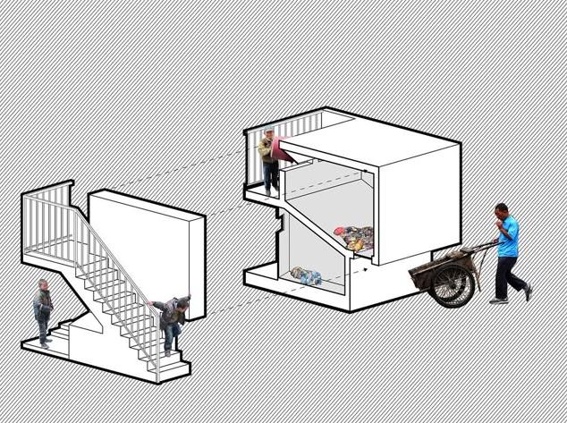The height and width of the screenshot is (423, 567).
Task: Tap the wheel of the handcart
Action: coord(452,284)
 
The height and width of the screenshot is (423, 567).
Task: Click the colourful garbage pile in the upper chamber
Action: coord(355,238)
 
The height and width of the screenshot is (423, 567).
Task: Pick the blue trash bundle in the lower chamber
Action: coord(306,275)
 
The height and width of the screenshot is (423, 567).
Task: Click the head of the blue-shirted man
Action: coord(501,213)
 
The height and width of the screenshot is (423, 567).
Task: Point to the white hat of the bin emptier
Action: coord(268,131)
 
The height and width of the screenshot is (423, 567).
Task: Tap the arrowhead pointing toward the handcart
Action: coord(368,265)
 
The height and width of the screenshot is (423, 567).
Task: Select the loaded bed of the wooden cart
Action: coord(438,265)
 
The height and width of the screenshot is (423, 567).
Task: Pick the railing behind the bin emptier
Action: coord(295,130)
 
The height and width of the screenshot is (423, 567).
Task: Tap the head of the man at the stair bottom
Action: coord(42,285)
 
